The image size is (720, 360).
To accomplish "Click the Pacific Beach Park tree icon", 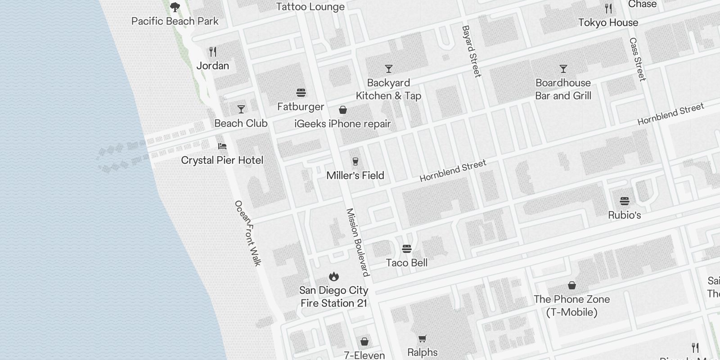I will [x=175, y=7].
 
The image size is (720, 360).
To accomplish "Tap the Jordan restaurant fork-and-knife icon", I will [x=213, y=52].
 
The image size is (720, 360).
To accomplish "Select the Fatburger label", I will [x=301, y=107].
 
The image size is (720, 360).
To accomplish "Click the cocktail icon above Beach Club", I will [x=241, y=109].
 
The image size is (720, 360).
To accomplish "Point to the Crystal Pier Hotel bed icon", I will [x=222, y=146].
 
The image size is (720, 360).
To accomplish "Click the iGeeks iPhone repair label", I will [x=342, y=124].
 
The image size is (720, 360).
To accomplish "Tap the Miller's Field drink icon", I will [x=355, y=162].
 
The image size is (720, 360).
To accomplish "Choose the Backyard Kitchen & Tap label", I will [x=388, y=89].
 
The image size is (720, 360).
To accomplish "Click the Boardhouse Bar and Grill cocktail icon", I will [x=563, y=69].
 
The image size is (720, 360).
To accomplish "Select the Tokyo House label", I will [x=608, y=22].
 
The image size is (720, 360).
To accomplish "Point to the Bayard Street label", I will [x=471, y=51].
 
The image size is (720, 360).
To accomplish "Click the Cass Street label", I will [x=638, y=59].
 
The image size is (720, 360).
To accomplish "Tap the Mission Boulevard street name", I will [x=358, y=242].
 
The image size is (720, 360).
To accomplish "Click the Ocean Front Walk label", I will [x=248, y=233].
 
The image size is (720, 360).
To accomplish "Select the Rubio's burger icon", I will [x=624, y=201].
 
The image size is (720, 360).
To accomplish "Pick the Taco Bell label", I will [x=406, y=263].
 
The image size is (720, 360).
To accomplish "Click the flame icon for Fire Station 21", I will [x=333, y=276].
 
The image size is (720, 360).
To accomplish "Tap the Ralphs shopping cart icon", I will [x=422, y=338].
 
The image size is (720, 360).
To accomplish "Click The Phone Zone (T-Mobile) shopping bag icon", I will [x=571, y=285].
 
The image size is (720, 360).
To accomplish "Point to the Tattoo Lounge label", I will [x=310, y=7].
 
